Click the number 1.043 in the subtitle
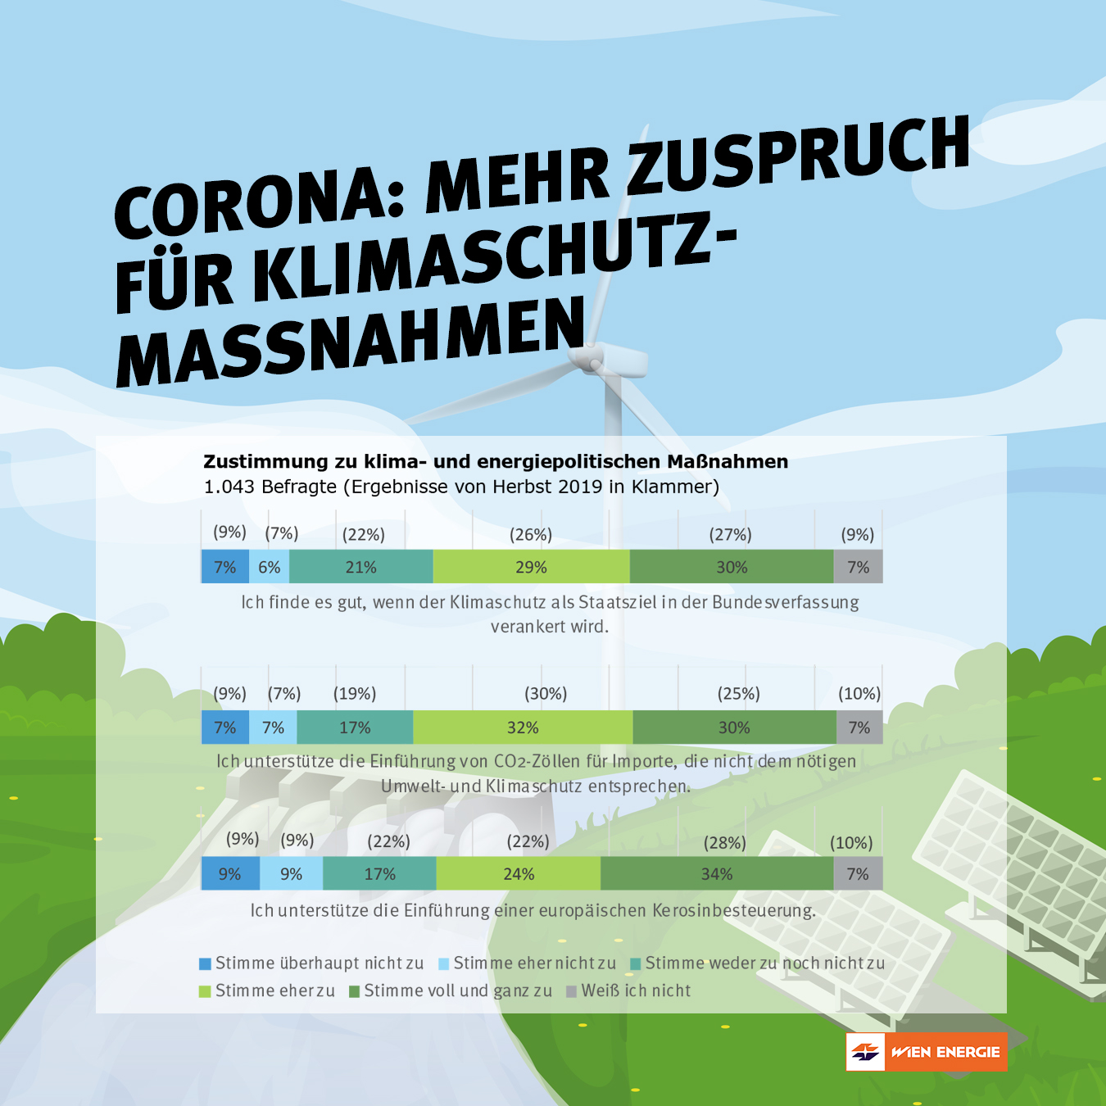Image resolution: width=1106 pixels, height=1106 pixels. (x=229, y=487)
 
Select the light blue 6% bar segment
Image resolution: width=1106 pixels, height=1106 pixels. (x=269, y=567)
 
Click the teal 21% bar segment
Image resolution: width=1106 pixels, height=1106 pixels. (x=360, y=567)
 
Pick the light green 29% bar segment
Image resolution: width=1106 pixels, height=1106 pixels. (x=531, y=567)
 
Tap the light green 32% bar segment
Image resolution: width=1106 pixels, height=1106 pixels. (x=523, y=728)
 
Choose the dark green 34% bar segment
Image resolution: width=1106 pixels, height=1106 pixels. (x=717, y=874)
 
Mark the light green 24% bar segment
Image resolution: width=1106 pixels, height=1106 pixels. (x=519, y=874)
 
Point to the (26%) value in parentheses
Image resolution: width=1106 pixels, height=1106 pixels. (x=531, y=535)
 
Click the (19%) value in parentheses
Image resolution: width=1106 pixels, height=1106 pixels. (x=355, y=694)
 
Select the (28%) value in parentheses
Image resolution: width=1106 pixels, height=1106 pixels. (x=725, y=843)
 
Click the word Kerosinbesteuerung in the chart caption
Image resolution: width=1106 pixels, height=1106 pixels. (x=734, y=910)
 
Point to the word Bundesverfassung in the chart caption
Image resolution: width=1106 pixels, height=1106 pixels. (x=785, y=602)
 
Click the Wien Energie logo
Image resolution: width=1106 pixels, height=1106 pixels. (x=926, y=1052)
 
